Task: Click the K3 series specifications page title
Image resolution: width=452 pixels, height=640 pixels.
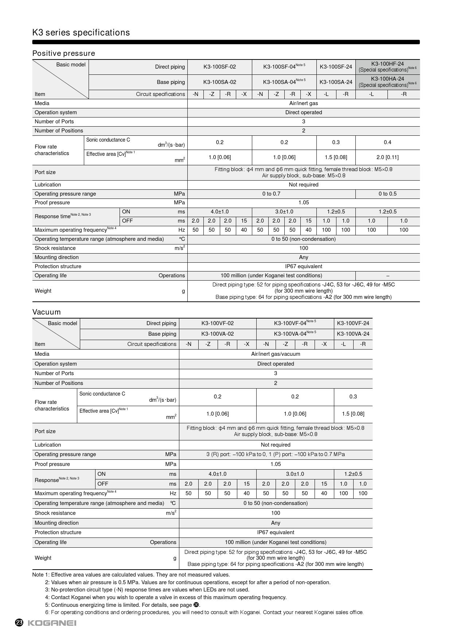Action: pos(81,32)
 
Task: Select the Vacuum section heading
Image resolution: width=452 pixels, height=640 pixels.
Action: pos(46,312)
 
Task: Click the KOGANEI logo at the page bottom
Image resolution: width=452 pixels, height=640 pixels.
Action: pos(52,622)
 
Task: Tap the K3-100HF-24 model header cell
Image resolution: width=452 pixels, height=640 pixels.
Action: pos(387,64)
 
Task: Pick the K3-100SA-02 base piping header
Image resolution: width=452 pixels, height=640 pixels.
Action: pos(219,82)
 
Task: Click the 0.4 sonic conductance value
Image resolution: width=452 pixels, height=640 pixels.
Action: pos(387,142)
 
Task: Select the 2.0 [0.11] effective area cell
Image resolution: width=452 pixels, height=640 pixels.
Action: pos(387,157)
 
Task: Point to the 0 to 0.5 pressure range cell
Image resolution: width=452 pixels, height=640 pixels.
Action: pos(387,194)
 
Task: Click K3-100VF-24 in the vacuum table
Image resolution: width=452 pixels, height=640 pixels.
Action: pos(353,323)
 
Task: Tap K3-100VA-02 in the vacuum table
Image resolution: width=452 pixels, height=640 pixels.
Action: pos(217,334)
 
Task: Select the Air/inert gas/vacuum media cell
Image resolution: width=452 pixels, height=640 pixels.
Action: pos(276,354)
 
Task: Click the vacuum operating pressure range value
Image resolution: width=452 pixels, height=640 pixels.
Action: pos(276,454)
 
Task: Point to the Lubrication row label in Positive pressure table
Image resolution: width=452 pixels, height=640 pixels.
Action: pos(48,185)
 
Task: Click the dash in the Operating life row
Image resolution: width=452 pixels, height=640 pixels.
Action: pos(387,275)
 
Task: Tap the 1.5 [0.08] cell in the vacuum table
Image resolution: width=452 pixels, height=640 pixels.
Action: pos(353,414)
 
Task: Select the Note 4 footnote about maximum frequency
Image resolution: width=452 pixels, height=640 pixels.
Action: pos(166,597)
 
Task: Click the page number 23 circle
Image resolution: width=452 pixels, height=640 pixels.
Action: pos(19,622)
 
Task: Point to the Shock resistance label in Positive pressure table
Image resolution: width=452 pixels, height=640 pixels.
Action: pos(55,248)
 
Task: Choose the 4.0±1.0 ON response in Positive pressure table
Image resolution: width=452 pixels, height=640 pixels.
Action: pos(219,212)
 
